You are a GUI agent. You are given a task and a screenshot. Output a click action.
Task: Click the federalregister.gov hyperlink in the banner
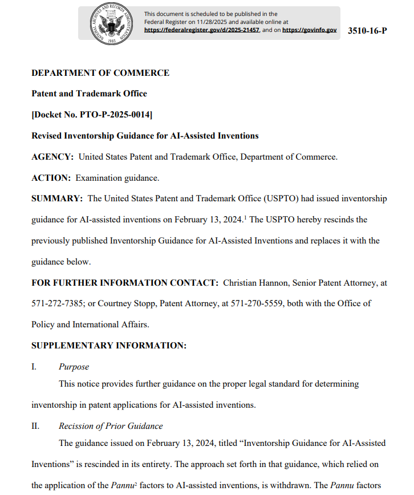(202, 30)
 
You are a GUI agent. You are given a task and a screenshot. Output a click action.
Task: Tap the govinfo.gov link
(309, 30)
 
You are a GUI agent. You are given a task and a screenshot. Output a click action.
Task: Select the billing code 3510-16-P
(367, 30)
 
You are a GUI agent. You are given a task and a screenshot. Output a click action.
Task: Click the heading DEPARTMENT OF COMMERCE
(100, 73)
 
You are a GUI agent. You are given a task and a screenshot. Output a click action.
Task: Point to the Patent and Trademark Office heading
(89, 94)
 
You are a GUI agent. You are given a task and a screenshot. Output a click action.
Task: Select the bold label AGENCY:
(52, 157)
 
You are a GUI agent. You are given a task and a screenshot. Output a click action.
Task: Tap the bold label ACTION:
(51, 178)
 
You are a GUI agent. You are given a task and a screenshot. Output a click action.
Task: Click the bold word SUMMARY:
(57, 198)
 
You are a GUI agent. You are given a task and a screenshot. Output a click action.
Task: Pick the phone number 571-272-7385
(56, 303)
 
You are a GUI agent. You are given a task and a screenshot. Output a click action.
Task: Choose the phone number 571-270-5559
(255, 303)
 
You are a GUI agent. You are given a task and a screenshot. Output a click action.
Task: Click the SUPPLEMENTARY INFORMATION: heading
(109, 346)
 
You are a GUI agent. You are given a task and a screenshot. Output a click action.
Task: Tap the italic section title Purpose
(74, 367)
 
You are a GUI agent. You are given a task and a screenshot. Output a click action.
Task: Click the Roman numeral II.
(35, 426)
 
